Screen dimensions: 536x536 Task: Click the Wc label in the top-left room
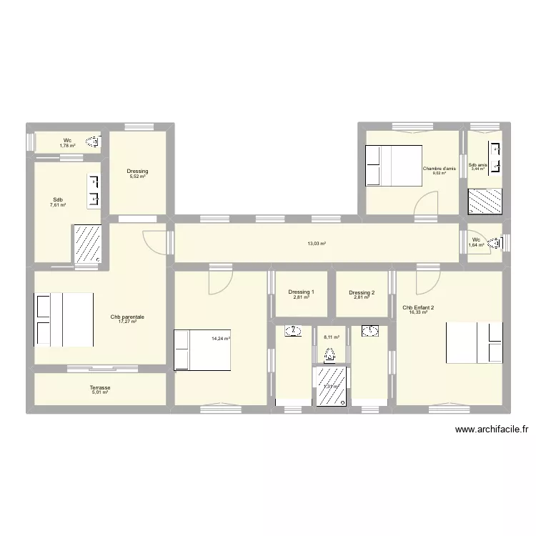coord(67,140)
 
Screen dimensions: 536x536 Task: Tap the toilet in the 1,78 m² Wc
coord(93,144)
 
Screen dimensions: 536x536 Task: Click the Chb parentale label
coord(123,317)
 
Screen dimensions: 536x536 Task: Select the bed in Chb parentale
coord(64,319)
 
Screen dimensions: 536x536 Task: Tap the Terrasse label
coord(100,387)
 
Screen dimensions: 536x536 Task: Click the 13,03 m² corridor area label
coord(317,244)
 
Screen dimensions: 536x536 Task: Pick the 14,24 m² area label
coord(220,339)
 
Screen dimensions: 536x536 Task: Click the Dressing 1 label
coord(300,292)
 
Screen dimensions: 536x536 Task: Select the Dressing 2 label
coord(362,292)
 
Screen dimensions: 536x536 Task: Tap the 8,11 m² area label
coord(331,337)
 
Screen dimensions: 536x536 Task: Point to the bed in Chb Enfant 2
coord(475,343)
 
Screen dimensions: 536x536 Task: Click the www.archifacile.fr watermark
coord(491,430)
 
